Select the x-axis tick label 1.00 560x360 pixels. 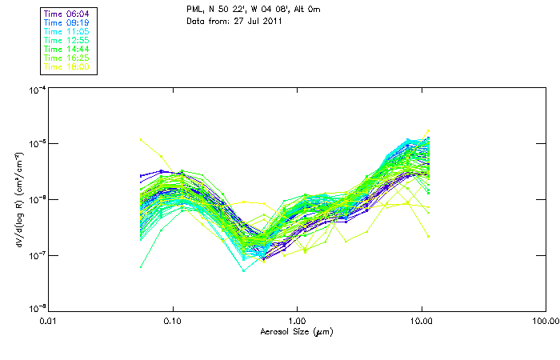point(297,321)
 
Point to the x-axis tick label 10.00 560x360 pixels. point(421,321)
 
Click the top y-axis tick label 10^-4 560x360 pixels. point(36,90)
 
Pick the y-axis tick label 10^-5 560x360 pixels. point(36,144)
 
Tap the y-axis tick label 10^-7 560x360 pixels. point(36,254)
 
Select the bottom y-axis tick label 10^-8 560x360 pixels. point(36,308)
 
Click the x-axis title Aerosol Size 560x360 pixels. point(297,330)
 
